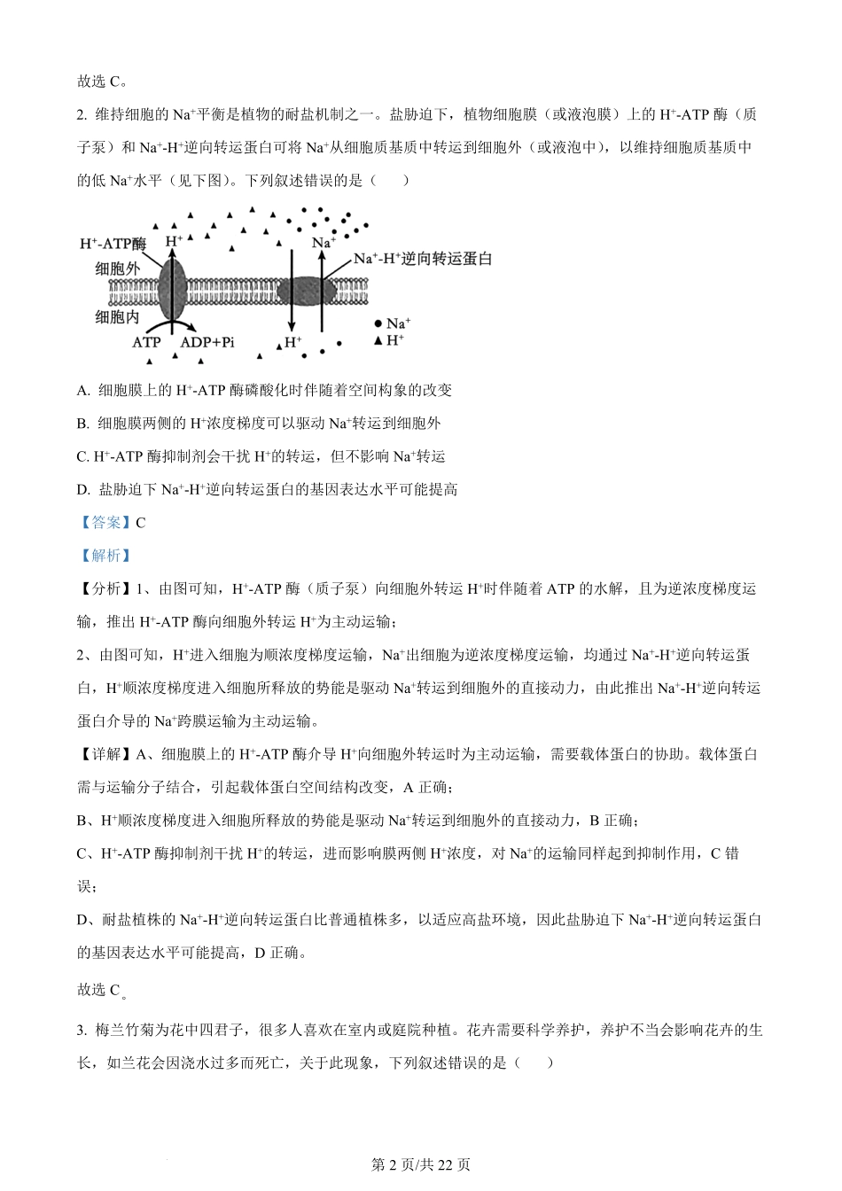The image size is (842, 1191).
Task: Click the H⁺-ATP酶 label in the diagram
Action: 113,243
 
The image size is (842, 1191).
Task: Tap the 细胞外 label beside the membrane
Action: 117,269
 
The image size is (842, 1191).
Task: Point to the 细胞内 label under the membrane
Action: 117,316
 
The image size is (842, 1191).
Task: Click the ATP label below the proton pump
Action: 146,342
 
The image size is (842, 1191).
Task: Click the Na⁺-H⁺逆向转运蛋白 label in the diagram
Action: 422,259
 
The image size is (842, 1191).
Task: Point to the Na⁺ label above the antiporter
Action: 323,242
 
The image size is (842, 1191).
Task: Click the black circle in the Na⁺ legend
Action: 378,324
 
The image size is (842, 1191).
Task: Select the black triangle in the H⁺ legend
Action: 378,340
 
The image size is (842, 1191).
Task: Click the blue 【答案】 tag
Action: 105,522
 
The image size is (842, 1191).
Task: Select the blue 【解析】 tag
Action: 105,556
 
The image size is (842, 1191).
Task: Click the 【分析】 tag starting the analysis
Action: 105,588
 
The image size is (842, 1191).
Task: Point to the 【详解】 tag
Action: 105,754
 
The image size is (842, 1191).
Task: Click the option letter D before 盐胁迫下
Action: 83,489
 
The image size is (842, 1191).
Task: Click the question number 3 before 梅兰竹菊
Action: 82,1030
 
